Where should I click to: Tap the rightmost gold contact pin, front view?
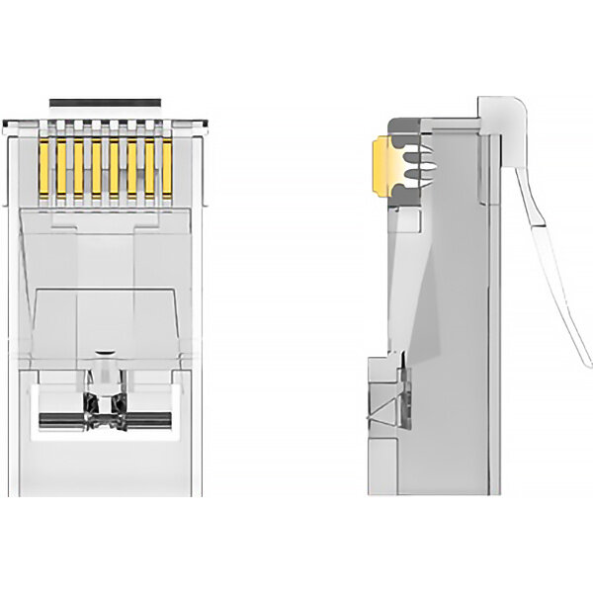coord(167,167)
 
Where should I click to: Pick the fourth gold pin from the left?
coord(96,167)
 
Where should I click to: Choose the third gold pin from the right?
coord(131,167)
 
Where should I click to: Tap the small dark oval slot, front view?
coord(105,352)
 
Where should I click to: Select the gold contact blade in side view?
coord(379,164)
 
